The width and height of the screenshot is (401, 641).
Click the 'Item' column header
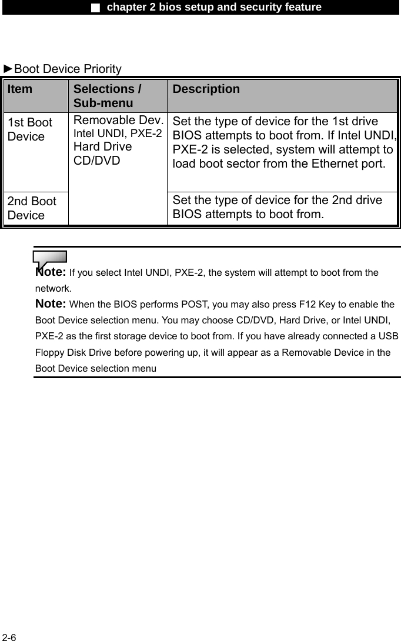(21, 89)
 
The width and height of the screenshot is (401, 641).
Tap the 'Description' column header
(206, 89)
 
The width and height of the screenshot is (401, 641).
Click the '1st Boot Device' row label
(30, 129)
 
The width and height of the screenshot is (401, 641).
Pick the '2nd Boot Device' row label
(32, 208)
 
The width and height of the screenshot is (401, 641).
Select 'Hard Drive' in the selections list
(103, 146)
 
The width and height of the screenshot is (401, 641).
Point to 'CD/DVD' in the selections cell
(97, 160)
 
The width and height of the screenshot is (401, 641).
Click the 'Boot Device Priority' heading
(68, 69)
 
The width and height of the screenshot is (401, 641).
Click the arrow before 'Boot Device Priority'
(8, 69)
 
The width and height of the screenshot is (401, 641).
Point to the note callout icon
(49, 258)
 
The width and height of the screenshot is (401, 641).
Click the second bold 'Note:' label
(51, 304)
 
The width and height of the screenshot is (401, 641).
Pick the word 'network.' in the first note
(54, 289)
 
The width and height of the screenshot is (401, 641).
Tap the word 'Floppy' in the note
(50, 353)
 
